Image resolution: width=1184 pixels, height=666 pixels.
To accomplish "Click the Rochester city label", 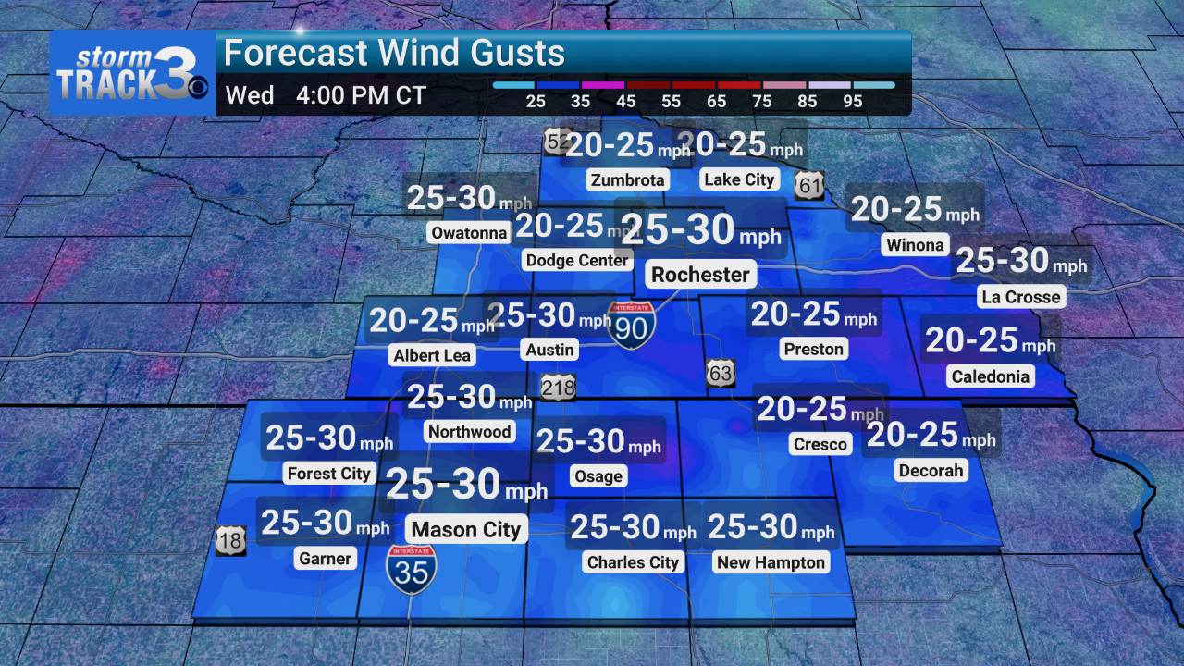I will pos(700,275).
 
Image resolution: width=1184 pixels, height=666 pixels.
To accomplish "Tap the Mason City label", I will pos(466,530).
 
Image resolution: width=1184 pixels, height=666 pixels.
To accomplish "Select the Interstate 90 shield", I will pos(633,325).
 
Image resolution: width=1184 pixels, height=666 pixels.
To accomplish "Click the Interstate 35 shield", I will pos(412,568).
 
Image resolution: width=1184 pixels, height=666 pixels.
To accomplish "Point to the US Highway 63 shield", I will pos(721,373).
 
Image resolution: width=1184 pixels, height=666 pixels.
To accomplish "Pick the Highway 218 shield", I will pos(558,387).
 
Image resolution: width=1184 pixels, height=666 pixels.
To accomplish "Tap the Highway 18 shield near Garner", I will pos(230,540).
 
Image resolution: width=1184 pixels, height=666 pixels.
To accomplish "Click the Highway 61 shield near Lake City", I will pos(809,185).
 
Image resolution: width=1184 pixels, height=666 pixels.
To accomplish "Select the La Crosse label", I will pos(1020,297).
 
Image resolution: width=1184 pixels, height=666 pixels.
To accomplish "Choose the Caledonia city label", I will pos(989,376).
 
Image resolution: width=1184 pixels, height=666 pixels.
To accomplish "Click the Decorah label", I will pos(931,471).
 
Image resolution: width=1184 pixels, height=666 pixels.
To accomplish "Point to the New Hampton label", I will pos(771,562).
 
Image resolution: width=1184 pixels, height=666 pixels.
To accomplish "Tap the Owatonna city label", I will pos(470,233).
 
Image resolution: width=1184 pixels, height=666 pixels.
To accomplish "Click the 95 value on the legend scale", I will pos(853,102).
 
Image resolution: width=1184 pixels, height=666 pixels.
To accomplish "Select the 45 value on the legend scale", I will pos(626,102).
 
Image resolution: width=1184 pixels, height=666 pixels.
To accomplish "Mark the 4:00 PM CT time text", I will pos(361,96).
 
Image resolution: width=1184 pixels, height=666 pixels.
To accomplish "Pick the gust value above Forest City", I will pos(329,438).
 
